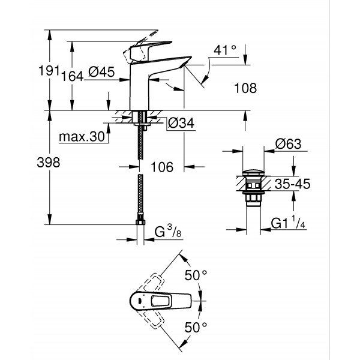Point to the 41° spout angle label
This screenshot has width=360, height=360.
225,52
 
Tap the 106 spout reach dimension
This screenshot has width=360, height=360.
160,167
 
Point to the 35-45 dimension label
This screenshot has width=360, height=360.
292,186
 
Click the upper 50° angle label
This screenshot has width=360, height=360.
196,275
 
